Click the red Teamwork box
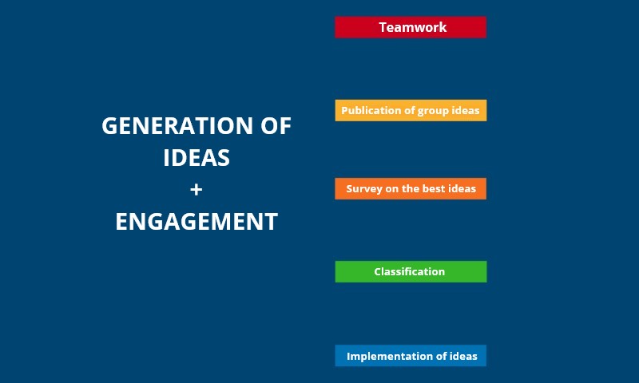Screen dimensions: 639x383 pos(411,27)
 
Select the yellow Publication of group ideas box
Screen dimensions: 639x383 pos(411,110)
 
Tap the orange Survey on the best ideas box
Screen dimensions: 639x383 pos(411,189)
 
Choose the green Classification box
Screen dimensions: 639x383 pos(411,271)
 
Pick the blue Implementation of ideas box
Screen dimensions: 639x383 pos(411,356)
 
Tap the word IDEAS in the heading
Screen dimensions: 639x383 pos(196,158)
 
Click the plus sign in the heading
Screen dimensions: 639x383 pos(196,189)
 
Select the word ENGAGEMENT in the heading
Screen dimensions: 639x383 pos(196,222)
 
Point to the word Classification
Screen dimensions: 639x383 pos(410,271)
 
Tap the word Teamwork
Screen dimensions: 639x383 pos(413,27)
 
